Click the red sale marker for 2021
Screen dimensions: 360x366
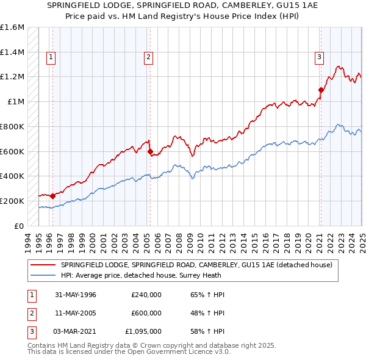[320, 90]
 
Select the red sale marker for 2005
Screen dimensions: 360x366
[150, 151]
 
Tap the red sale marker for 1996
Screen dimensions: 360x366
[52, 196]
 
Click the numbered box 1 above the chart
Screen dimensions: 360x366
[50, 58]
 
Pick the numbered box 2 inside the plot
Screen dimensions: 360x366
[148, 58]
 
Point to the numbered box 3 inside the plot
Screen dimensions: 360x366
[318, 58]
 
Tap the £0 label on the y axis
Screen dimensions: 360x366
[20, 226]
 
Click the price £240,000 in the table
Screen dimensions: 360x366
[146, 295]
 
